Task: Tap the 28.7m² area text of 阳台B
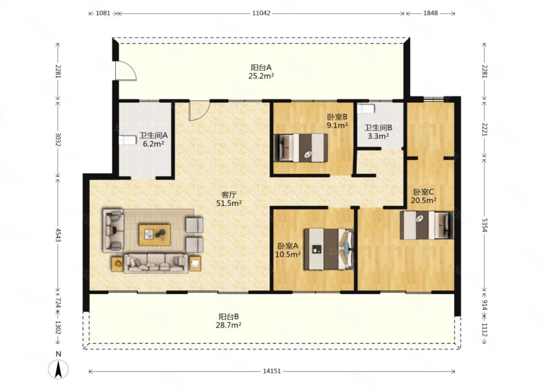tap(229, 325)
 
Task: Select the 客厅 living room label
tap(229, 195)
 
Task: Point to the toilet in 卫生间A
tap(128, 141)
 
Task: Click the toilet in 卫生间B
tap(366, 108)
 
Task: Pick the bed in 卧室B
tap(301, 147)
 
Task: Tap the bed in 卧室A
tap(329, 249)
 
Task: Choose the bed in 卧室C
tap(427, 225)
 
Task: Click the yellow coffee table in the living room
tap(155, 235)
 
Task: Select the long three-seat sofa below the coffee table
tap(156, 263)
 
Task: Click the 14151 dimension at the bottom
tap(272, 371)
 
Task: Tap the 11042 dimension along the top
tap(261, 13)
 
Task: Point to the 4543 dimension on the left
tap(58, 235)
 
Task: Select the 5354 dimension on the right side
tap(485, 225)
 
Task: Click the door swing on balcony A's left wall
tap(125, 70)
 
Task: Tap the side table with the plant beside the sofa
tap(117, 264)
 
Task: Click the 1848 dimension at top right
tap(431, 13)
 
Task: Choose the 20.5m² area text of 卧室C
tap(424, 200)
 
